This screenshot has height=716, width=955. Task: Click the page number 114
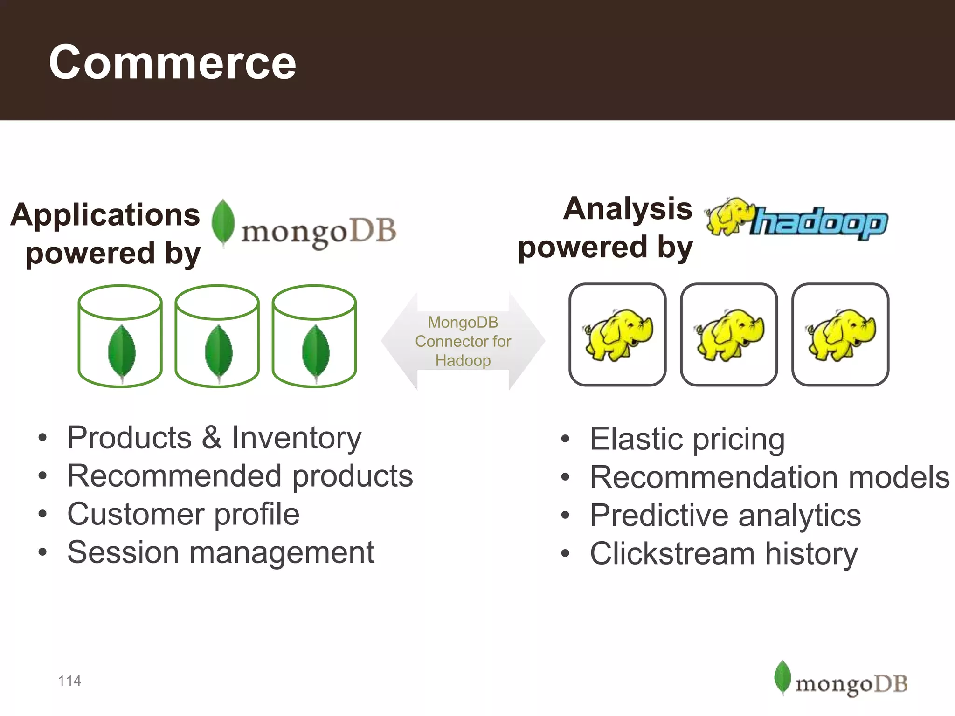pos(69,681)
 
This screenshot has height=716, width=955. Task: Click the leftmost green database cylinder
pos(120,336)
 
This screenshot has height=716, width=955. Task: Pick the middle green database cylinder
pos(217,336)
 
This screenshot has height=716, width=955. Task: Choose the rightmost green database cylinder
pos(314,336)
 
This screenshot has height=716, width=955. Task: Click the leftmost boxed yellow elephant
pos(617,334)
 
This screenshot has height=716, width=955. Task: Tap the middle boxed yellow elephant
pos(729,334)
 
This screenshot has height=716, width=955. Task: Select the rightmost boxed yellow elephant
pos(840,334)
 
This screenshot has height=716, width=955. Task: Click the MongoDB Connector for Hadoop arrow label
pos(463,341)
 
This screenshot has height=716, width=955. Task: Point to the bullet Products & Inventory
pos(215,438)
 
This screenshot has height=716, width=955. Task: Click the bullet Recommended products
pos(240,476)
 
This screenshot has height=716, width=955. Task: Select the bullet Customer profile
pos(183,514)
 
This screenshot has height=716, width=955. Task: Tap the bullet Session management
pos(221,552)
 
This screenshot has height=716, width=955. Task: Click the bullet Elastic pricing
pos(687,439)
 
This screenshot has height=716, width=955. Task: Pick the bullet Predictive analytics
pos(725,516)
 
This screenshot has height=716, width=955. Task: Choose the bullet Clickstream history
pos(724,554)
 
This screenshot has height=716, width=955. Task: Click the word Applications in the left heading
pos(105,215)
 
